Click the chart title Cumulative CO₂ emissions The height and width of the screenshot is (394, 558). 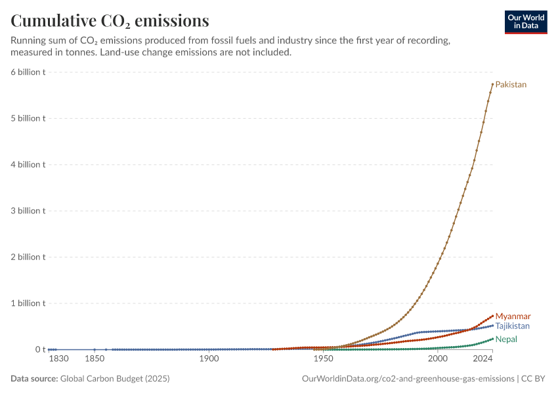coord(110,20)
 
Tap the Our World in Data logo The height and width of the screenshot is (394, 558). coord(526,22)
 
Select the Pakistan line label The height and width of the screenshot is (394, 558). coord(511,85)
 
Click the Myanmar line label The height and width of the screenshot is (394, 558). coord(513,316)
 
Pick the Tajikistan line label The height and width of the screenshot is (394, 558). coord(513,326)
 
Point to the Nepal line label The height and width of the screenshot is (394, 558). coord(506,339)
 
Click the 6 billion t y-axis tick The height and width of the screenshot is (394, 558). coord(28,72)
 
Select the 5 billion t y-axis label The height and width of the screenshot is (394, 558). coord(28,118)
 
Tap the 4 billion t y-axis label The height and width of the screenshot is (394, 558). coord(28,165)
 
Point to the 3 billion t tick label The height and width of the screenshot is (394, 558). coord(28,211)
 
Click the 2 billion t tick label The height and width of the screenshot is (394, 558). coord(28,257)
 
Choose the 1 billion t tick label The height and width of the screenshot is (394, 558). coord(28,303)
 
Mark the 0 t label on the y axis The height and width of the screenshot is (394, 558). coord(40,350)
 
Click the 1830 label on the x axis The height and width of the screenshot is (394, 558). coord(58,359)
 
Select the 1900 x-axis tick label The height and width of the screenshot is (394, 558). coord(209,359)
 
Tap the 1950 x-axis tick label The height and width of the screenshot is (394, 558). coord(324,359)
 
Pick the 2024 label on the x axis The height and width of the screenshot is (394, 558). coord(483,359)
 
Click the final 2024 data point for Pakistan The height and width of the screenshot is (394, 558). coord(492,84)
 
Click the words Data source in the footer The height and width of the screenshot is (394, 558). coord(34,379)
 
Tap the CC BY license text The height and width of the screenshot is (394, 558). coord(533,379)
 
